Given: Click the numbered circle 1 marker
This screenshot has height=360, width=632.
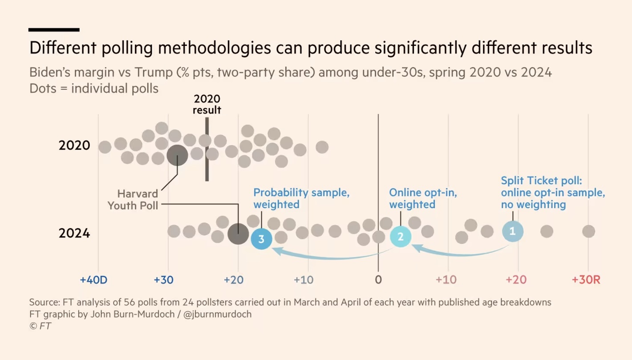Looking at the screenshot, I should pos(513,231).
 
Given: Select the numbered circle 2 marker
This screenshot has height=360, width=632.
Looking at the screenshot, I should pos(401,237).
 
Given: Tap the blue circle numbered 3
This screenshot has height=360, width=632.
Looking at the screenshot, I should pos(261,239).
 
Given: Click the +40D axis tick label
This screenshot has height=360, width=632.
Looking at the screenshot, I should pos(93,280).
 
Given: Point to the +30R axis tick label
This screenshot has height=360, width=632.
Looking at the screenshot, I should pos(586,280).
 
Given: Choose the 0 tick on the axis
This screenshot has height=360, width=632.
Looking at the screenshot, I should pos(378,280).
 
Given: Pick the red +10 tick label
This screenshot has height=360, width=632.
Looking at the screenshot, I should pos(446,280).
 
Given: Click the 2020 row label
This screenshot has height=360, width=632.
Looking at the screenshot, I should pos(74,146).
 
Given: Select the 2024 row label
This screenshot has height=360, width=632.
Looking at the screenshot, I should pos(74,233).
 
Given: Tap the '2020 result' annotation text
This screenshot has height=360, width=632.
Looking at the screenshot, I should pos(207,104).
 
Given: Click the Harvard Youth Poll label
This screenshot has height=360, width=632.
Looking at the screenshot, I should pos(133,200).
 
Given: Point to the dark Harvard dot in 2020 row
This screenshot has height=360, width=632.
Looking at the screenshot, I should pos(177,155).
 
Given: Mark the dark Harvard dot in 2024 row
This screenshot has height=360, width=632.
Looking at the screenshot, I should pos(238,234).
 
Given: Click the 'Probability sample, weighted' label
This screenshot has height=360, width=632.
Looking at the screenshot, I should pos(301,198).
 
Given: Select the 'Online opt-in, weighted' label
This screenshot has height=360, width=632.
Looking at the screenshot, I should pos(423,198).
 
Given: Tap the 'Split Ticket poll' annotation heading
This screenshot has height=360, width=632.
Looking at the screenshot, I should pos(541,181).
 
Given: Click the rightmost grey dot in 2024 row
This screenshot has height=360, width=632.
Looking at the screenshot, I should pos(588,231).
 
